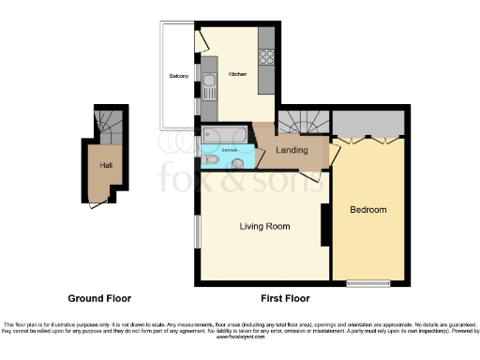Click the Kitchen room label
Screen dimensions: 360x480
tap(237, 75)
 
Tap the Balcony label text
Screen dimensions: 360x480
tap(179, 76)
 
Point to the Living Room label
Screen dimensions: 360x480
tap(264, 226)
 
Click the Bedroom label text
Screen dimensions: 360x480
tap(367, 209)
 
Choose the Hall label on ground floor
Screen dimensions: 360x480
tap(105, 165)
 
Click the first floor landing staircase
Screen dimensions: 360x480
tap(304, 120)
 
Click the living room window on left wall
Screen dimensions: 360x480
tap(197, 232)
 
